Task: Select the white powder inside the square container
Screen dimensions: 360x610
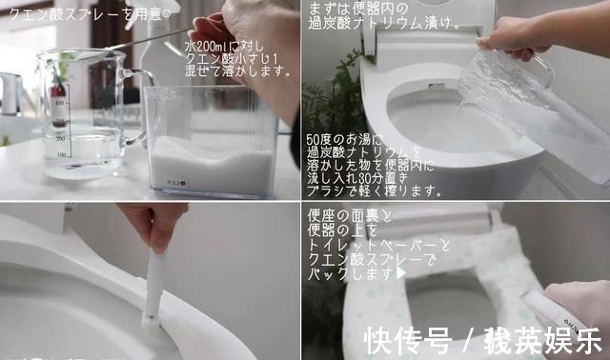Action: click(200, 152)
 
